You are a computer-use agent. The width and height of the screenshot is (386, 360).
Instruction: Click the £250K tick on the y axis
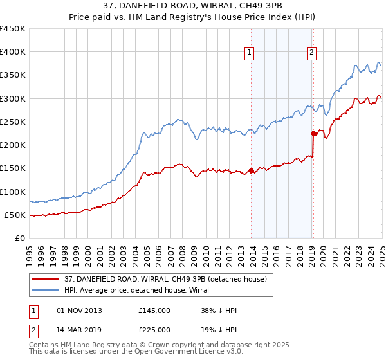(x=13, y=122)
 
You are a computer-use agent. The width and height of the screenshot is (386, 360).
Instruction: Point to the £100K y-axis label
(x=13, y=192)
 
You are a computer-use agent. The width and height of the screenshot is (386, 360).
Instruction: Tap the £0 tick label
(x=19, y=238)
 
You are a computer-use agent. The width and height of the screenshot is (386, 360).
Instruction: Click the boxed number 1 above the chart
(x=249, y=53)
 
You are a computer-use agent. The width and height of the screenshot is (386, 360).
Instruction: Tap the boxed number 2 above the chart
(x=311, y=53)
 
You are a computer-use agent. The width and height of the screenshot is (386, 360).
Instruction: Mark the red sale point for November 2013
(x=251, y=170)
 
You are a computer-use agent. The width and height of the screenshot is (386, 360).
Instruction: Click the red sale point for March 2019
(x=313, y=134)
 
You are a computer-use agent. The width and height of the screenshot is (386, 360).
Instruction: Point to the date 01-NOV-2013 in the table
(x=79, y=310)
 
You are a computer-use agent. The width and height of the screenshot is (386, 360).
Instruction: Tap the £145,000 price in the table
(x=154, y=310)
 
